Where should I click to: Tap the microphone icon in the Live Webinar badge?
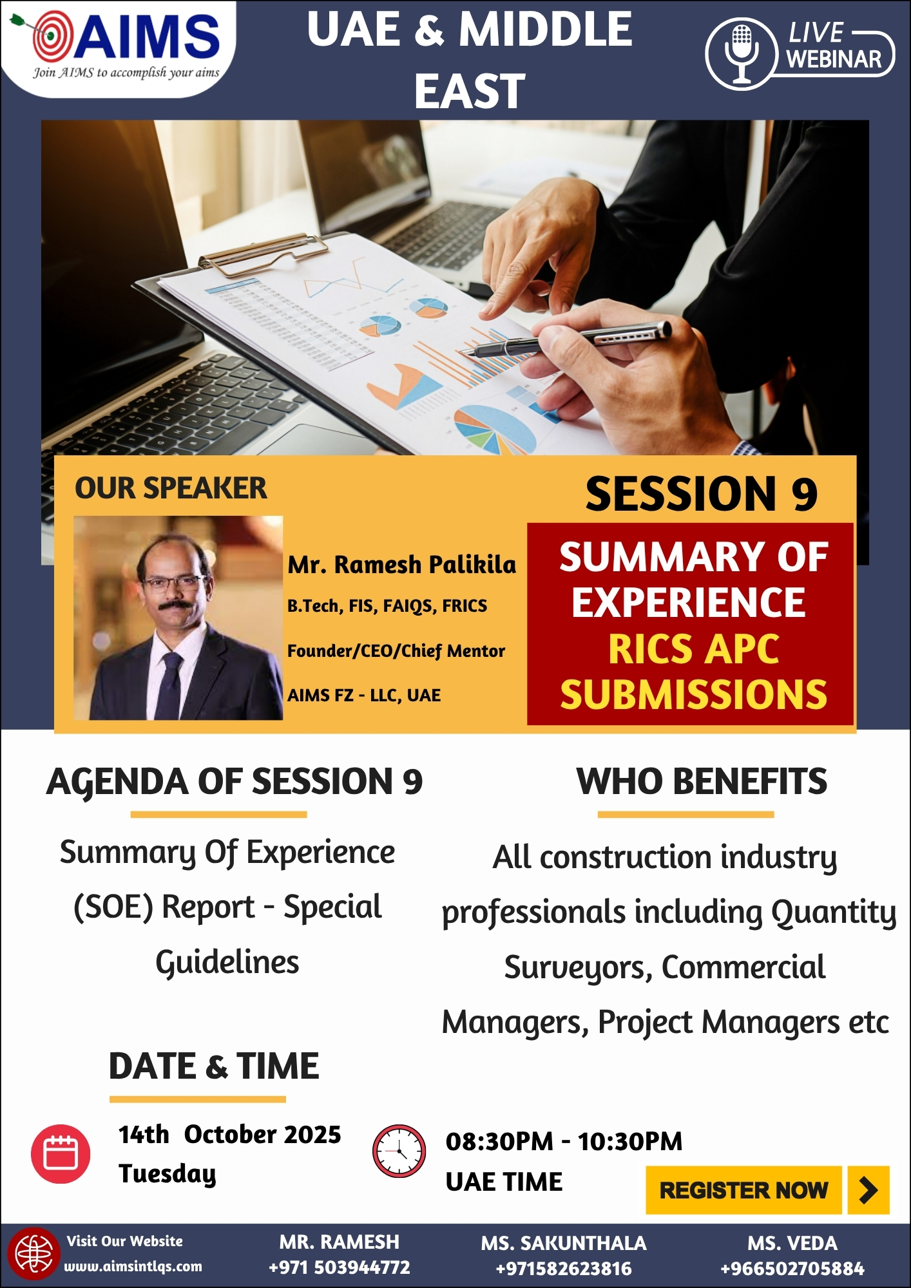742,53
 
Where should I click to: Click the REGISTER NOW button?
743,1190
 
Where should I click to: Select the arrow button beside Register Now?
868,1190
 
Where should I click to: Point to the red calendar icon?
61,1153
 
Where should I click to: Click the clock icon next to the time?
399,1151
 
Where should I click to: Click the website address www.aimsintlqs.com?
133,1266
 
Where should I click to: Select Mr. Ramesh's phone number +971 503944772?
340,1267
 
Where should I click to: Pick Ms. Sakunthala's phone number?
564,1269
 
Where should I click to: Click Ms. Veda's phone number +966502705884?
792,1269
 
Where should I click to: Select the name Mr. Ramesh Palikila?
402,564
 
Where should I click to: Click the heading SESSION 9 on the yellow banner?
702,494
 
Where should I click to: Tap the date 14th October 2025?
229,1134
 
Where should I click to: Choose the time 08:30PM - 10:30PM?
564,1141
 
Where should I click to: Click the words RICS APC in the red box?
694,649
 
